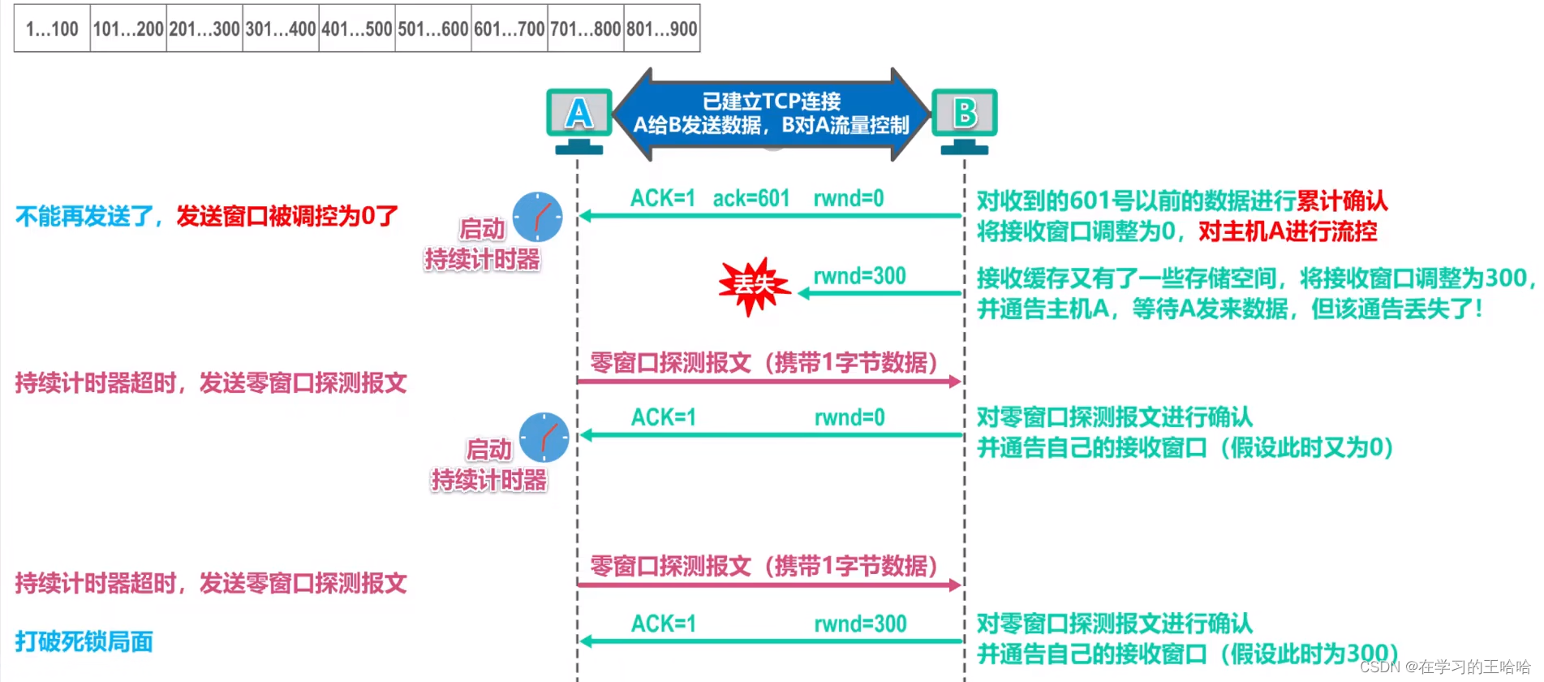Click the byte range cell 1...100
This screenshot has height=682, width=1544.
(52, 29)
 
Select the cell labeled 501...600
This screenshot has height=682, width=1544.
(433, 29)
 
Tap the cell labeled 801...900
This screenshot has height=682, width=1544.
(662, 29)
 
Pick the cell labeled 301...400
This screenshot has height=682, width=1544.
(281, 29)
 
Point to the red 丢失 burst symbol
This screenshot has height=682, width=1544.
(754, 285)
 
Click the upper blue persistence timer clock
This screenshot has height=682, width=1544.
(537, 217)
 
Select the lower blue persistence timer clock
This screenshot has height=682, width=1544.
(544, 437)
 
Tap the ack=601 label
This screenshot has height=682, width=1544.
(751, 198)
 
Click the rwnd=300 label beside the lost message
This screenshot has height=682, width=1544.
(859, 276)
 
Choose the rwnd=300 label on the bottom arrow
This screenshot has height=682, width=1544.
(860, 624)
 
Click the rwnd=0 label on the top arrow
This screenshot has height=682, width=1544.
(849, 198)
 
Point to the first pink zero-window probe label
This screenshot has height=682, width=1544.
(763, 362)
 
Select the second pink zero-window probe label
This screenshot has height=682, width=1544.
(763, 566)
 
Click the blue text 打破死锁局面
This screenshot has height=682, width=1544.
(84, 641)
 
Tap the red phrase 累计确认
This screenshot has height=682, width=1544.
(1342, 201)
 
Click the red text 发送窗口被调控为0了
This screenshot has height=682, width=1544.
(287, 216)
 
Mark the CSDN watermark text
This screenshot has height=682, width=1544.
(1445, 667)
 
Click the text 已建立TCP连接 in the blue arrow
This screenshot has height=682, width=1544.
(771, 101)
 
